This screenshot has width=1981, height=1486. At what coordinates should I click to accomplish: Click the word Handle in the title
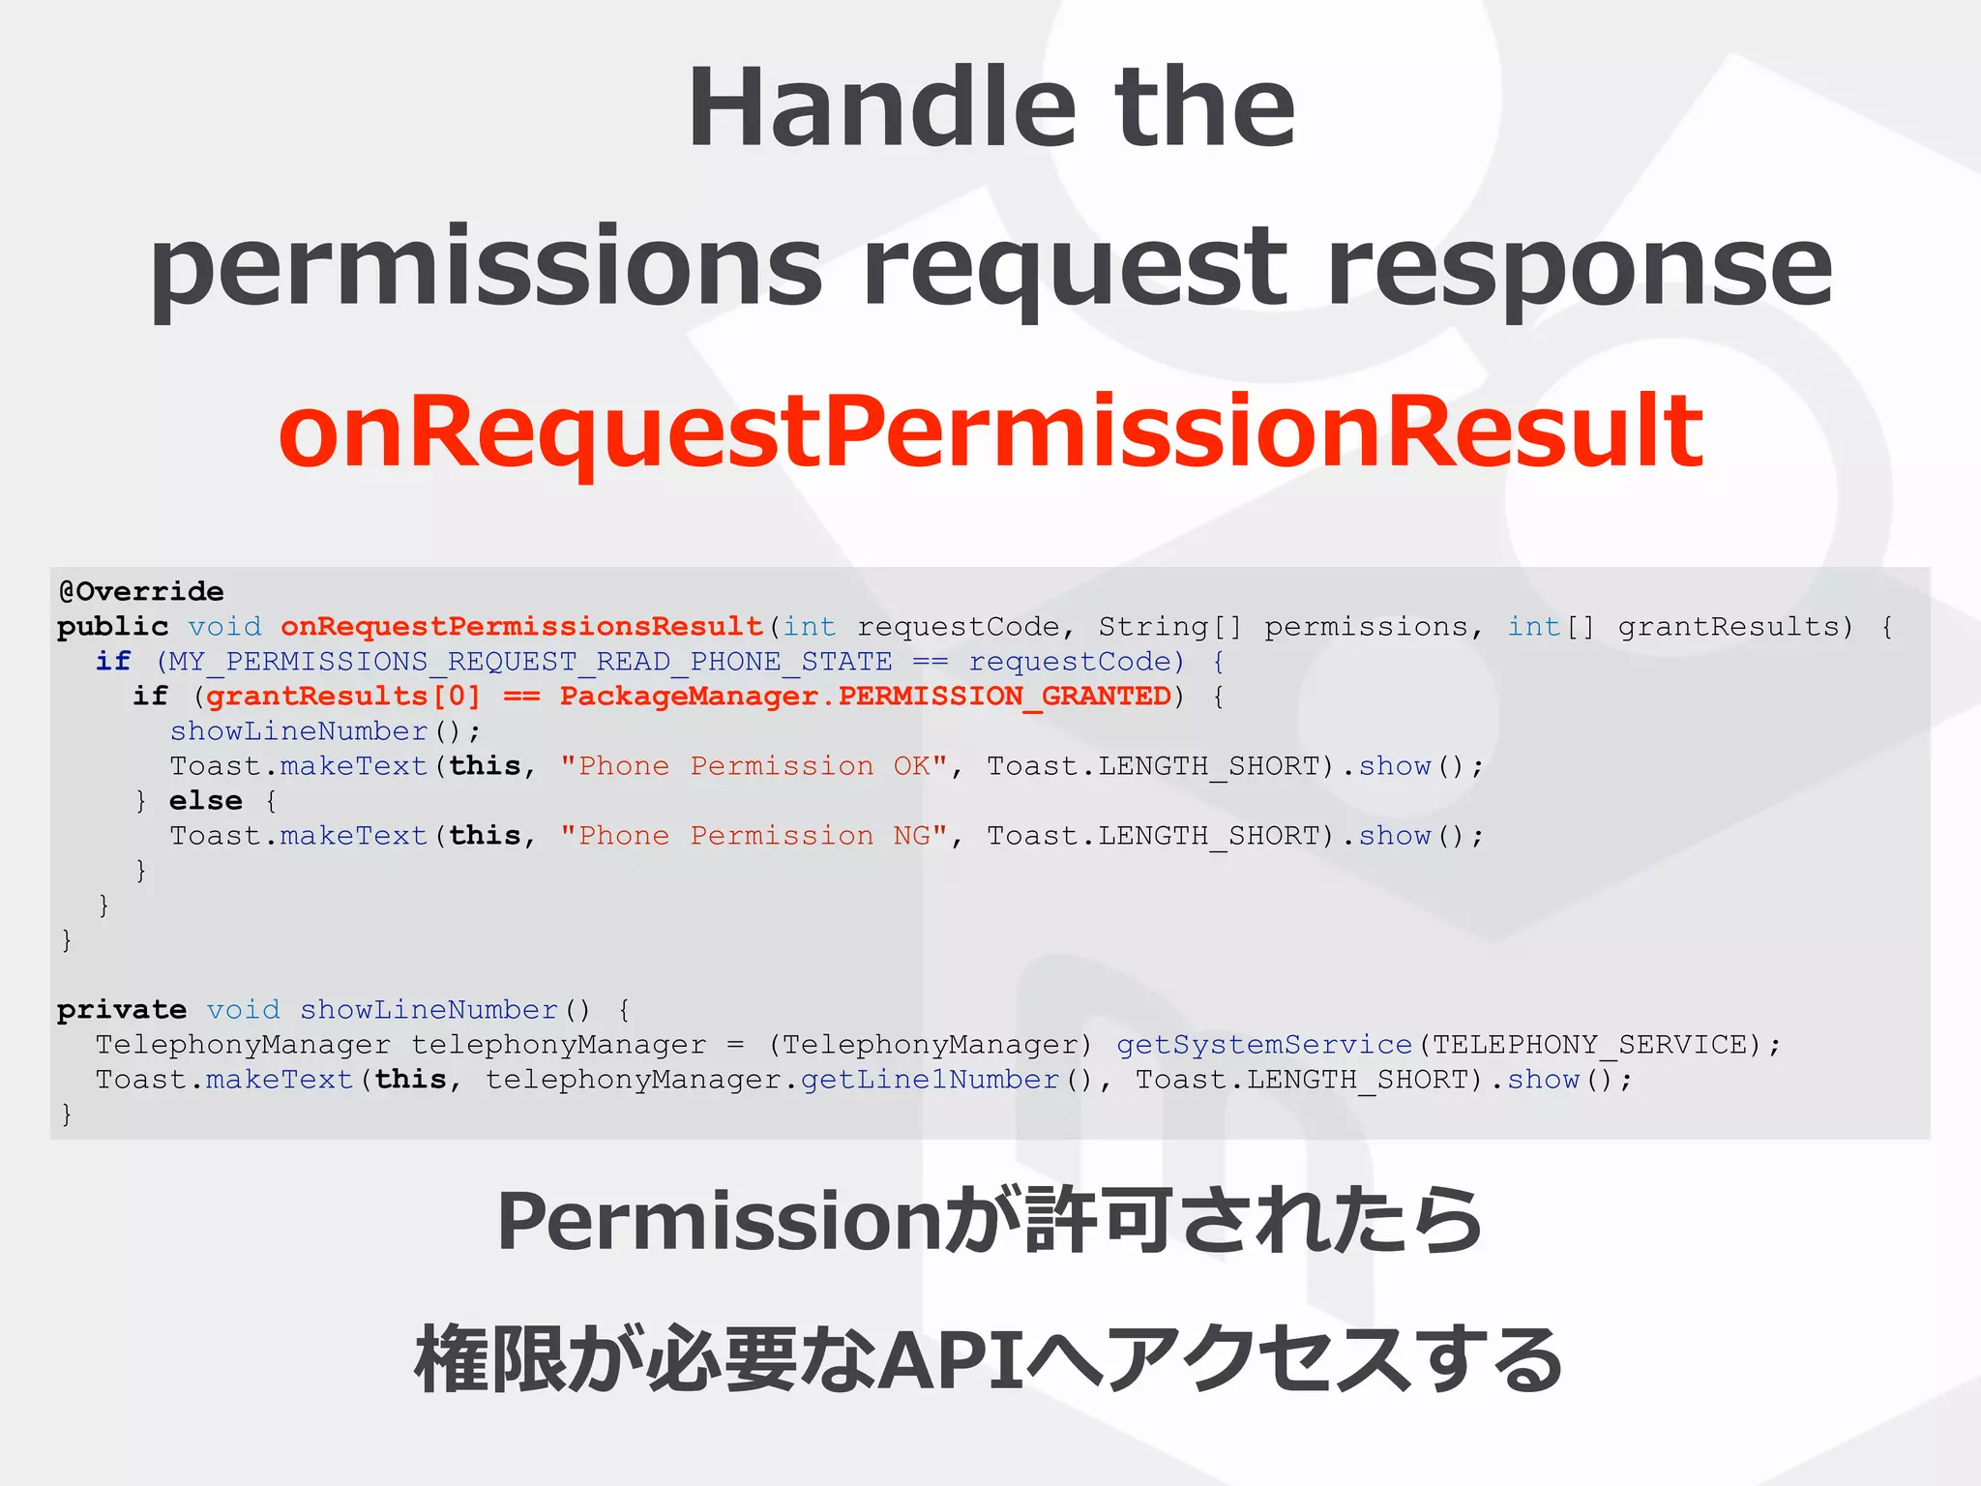(881, 107)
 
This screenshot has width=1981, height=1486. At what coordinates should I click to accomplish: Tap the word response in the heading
(1580, 267)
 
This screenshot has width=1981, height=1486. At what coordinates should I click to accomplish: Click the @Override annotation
(141, 591)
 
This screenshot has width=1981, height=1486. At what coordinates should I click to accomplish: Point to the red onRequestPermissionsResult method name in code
(522, 626)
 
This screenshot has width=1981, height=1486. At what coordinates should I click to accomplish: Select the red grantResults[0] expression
(343, 697)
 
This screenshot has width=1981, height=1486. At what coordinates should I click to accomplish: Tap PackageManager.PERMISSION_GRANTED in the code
(865, 697)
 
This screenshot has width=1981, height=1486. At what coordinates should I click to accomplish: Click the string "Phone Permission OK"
(754, 766)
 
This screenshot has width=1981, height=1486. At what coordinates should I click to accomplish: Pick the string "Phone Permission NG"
(754, 836)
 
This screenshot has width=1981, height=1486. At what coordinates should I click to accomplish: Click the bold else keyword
(205, 801)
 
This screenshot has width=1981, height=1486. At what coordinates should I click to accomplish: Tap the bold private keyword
(122, 1010)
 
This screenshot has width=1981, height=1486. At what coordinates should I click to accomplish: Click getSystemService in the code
(1264, 1045)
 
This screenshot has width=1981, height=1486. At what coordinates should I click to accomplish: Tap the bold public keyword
(112, 626)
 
